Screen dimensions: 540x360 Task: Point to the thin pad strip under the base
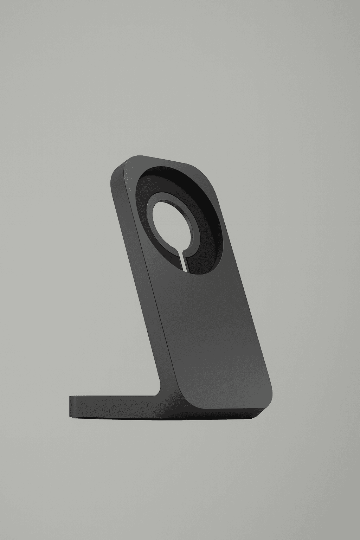[158, 419]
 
